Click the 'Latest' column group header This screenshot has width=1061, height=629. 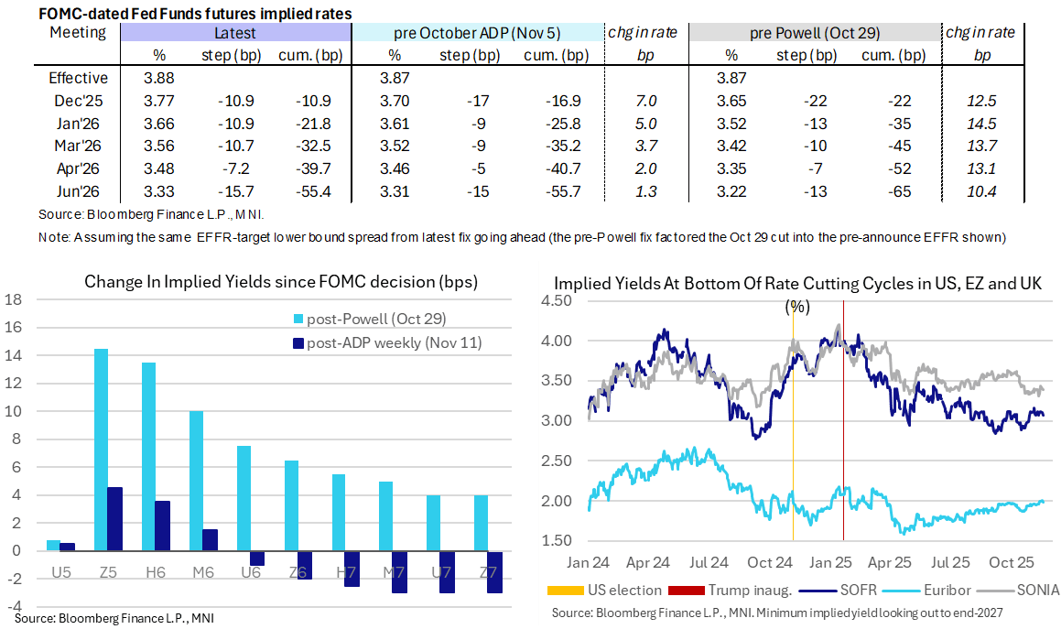pyautogui.click(x=235, y=33)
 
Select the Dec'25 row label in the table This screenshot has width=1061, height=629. pyautogui.click(x=78, y=102)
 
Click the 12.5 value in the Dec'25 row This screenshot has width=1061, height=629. pyautogui.click(x=982, y=102)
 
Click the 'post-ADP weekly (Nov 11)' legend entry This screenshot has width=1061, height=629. pyautogui.click(x=394, y=342)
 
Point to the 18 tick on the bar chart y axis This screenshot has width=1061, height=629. pyautogui.click(x=13, y=299)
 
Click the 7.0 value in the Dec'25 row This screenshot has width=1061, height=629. pyautogui.click(x=640, y=102)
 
